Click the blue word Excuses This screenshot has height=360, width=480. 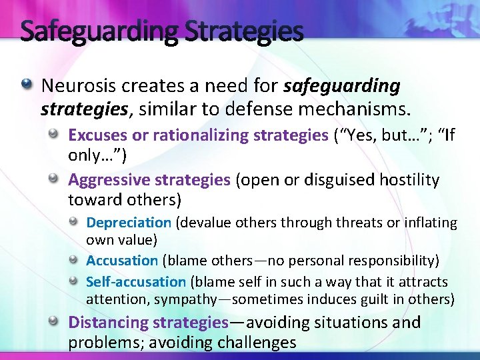point(98,135)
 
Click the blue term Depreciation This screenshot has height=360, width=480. point(129,223)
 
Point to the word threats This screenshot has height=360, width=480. point(359,223)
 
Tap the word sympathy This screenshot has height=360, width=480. point(197,300)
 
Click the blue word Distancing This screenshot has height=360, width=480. point(108,323)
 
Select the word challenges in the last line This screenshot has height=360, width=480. point(255,343)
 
